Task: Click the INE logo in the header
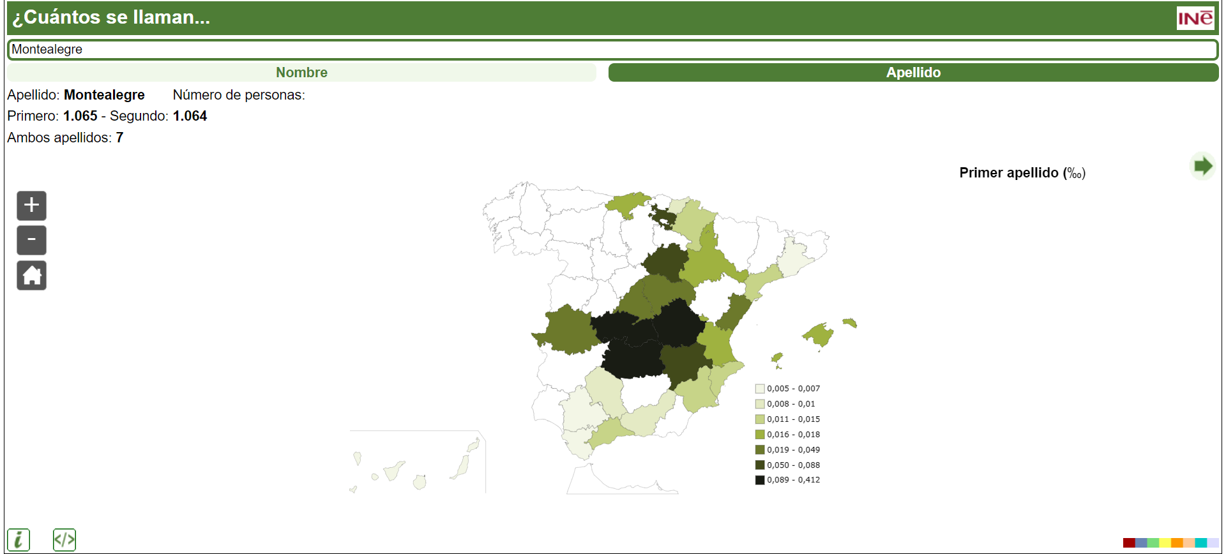(x=1195, y=18)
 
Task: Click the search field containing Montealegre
(x=612, y=49)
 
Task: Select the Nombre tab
(x=301, y=73)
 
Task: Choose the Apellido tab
(x=913, y=73)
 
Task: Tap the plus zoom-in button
(x=31, y=206)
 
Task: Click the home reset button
(x=31, y=276)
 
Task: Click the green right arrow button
(x=1202, y=167)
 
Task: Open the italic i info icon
(x=19, y=540)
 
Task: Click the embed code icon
(x=64, y=540)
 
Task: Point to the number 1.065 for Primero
(x=80, y=116)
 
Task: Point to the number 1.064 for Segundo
(x=190, y=116)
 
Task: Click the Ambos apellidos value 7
(x=119, y=138)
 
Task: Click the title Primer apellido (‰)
(x=1022, y=173)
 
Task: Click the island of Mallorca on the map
(x=819, y=334)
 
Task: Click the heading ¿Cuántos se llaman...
(x=111, y=17)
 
